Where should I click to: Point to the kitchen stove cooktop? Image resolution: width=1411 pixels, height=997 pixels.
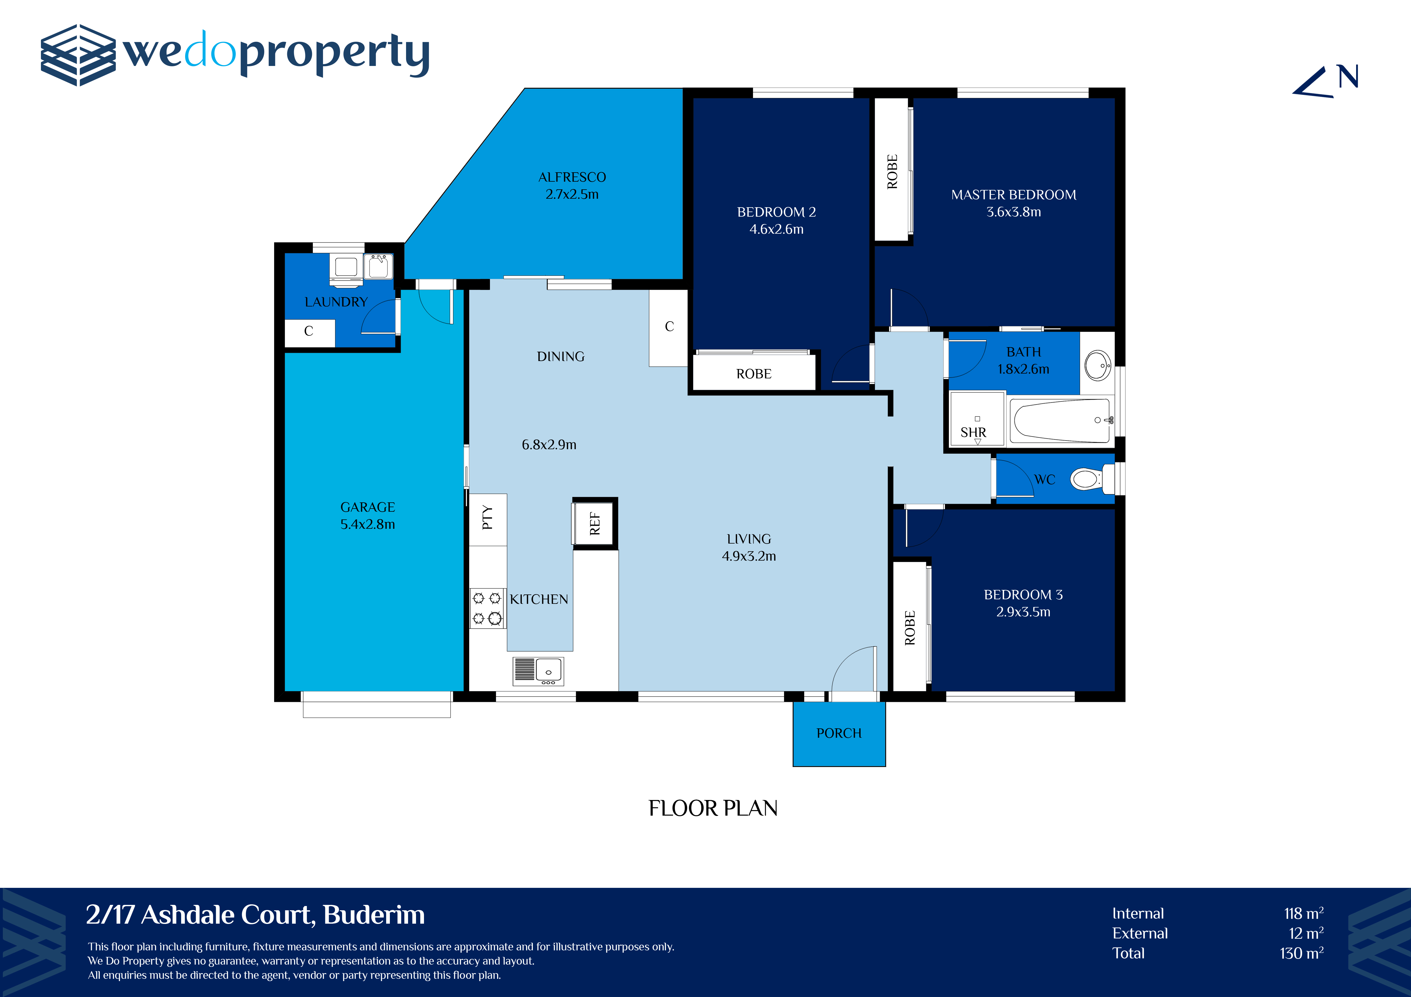[x=487, y=608]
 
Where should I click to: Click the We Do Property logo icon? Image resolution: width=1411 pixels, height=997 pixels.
[x=78, y=55]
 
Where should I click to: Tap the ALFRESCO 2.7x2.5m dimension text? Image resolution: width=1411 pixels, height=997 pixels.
[x=572, y=194]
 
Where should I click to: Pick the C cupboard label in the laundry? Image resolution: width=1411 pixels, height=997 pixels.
[x=309, y=331]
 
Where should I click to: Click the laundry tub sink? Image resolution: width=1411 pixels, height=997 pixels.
[x=378, y=267]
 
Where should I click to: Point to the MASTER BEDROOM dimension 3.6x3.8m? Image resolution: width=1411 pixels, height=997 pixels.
[x=1013, y=212]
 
